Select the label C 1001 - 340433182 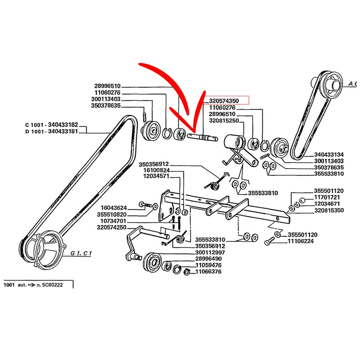[x=52, y=125]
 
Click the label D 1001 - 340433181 [x=52, y=131]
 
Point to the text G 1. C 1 [x=81, y=253]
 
